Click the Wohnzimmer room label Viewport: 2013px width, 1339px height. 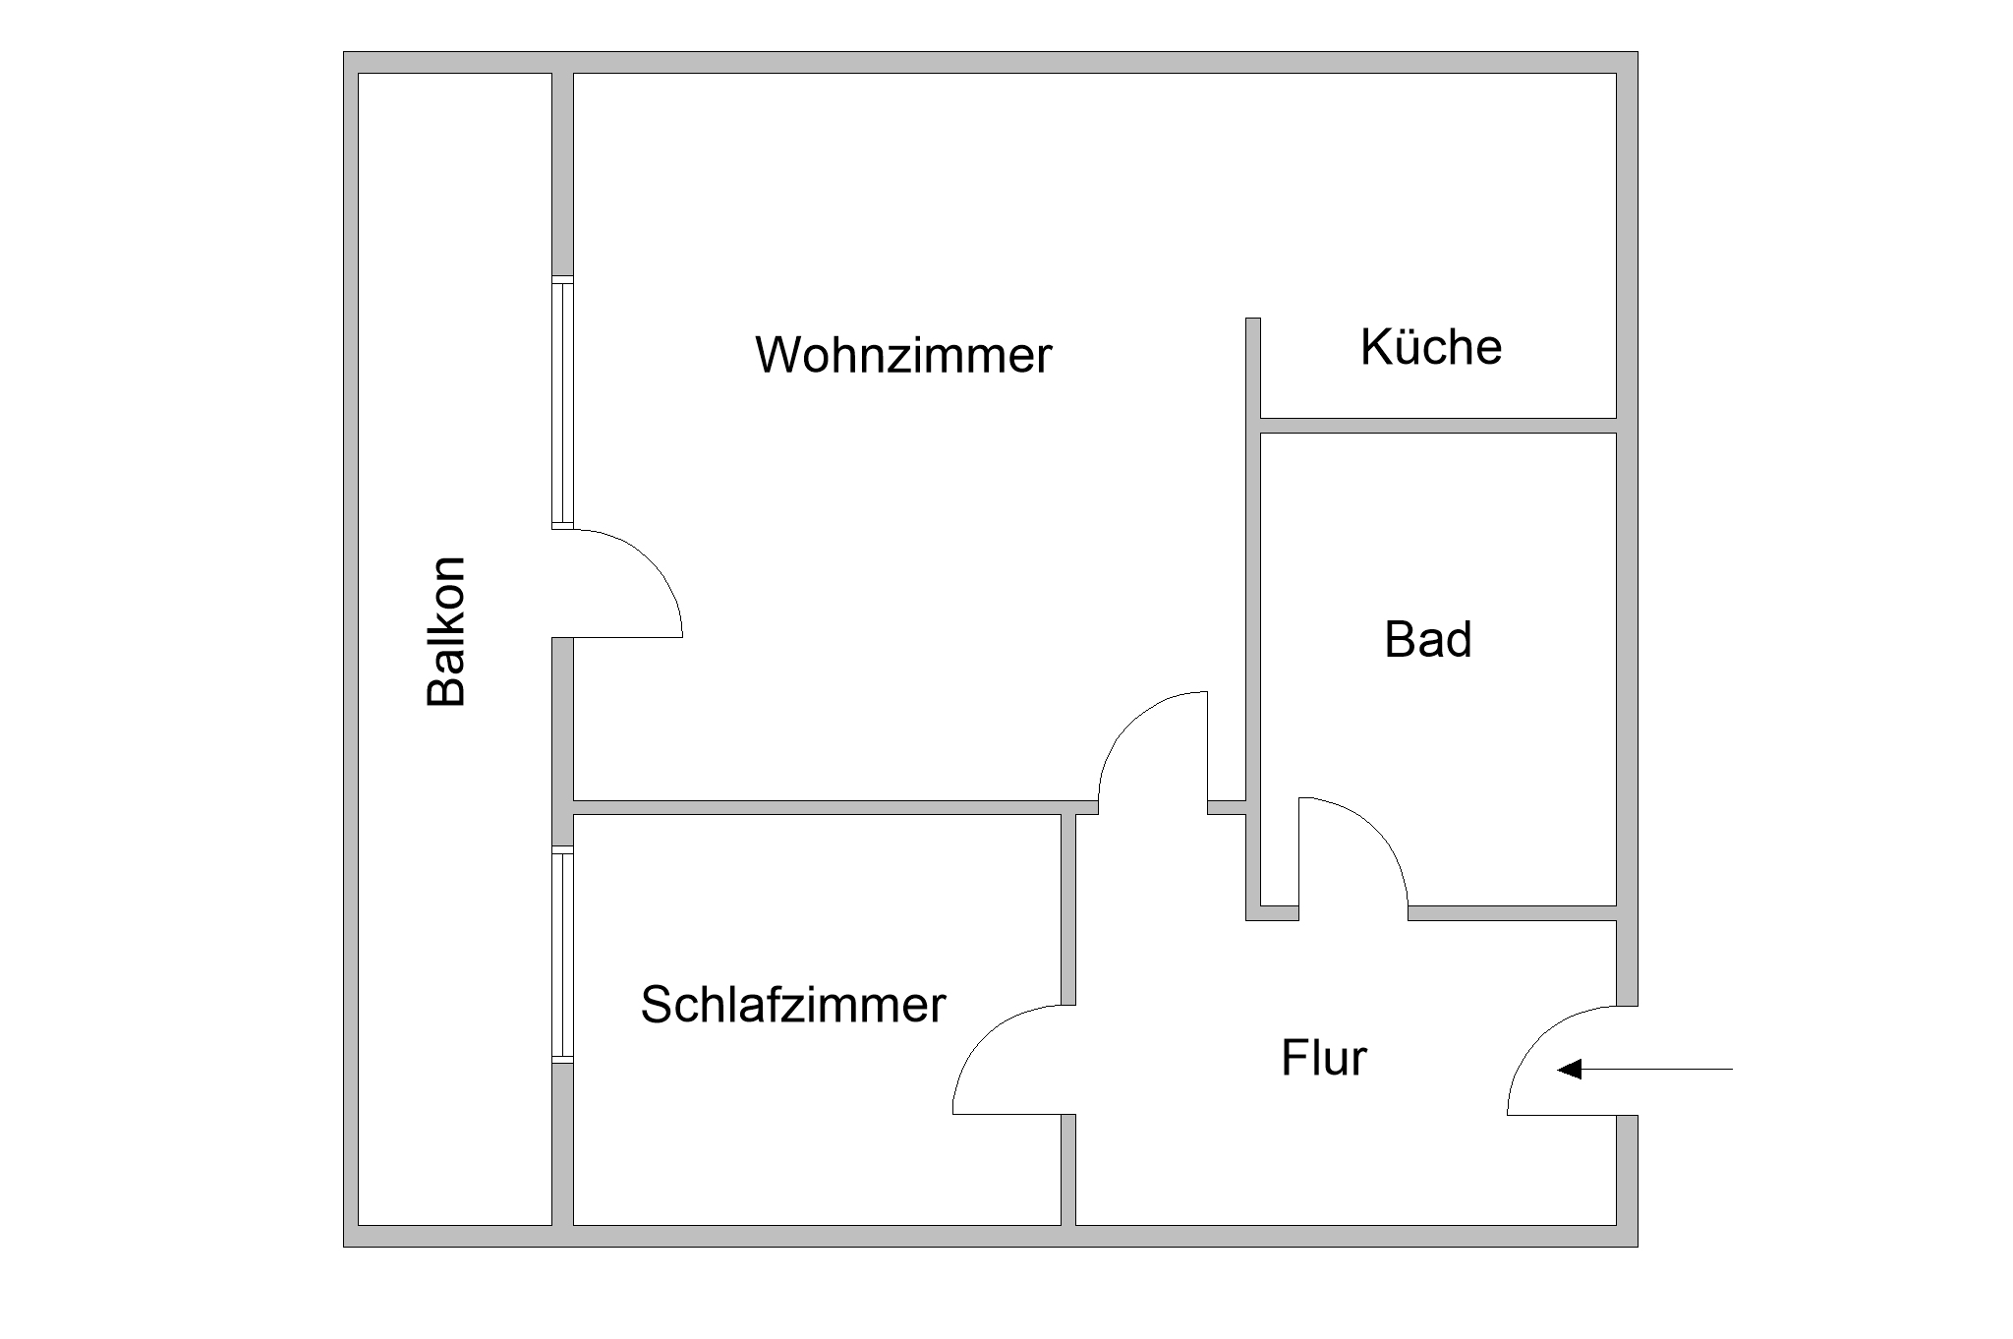(x=903, y=354)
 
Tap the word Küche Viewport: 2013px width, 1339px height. (x=1431, y=346)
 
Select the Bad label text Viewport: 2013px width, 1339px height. (x=1428, y=639)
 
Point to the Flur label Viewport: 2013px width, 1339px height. (x=1324, y=1058)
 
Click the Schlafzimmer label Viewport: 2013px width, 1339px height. (x=792, y=1005)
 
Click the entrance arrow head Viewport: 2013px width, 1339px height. (x=1570, y=1069)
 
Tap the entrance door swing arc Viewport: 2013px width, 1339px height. (x=1539, y=1037)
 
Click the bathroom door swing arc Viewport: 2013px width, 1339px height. (x=1377, y=828)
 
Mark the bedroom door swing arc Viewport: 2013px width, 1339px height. (x=984, y=1037)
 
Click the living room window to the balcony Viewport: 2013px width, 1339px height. (x=562, y=402)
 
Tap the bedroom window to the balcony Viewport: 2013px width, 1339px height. (x=562, y=955)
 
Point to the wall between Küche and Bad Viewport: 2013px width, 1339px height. (x=1438, y=425)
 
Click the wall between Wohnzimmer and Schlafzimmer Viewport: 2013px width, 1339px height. (x=835, y=808)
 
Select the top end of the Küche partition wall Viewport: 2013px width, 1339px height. (x=1253, y=319)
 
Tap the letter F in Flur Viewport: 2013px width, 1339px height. (x=1293, y=1058)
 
